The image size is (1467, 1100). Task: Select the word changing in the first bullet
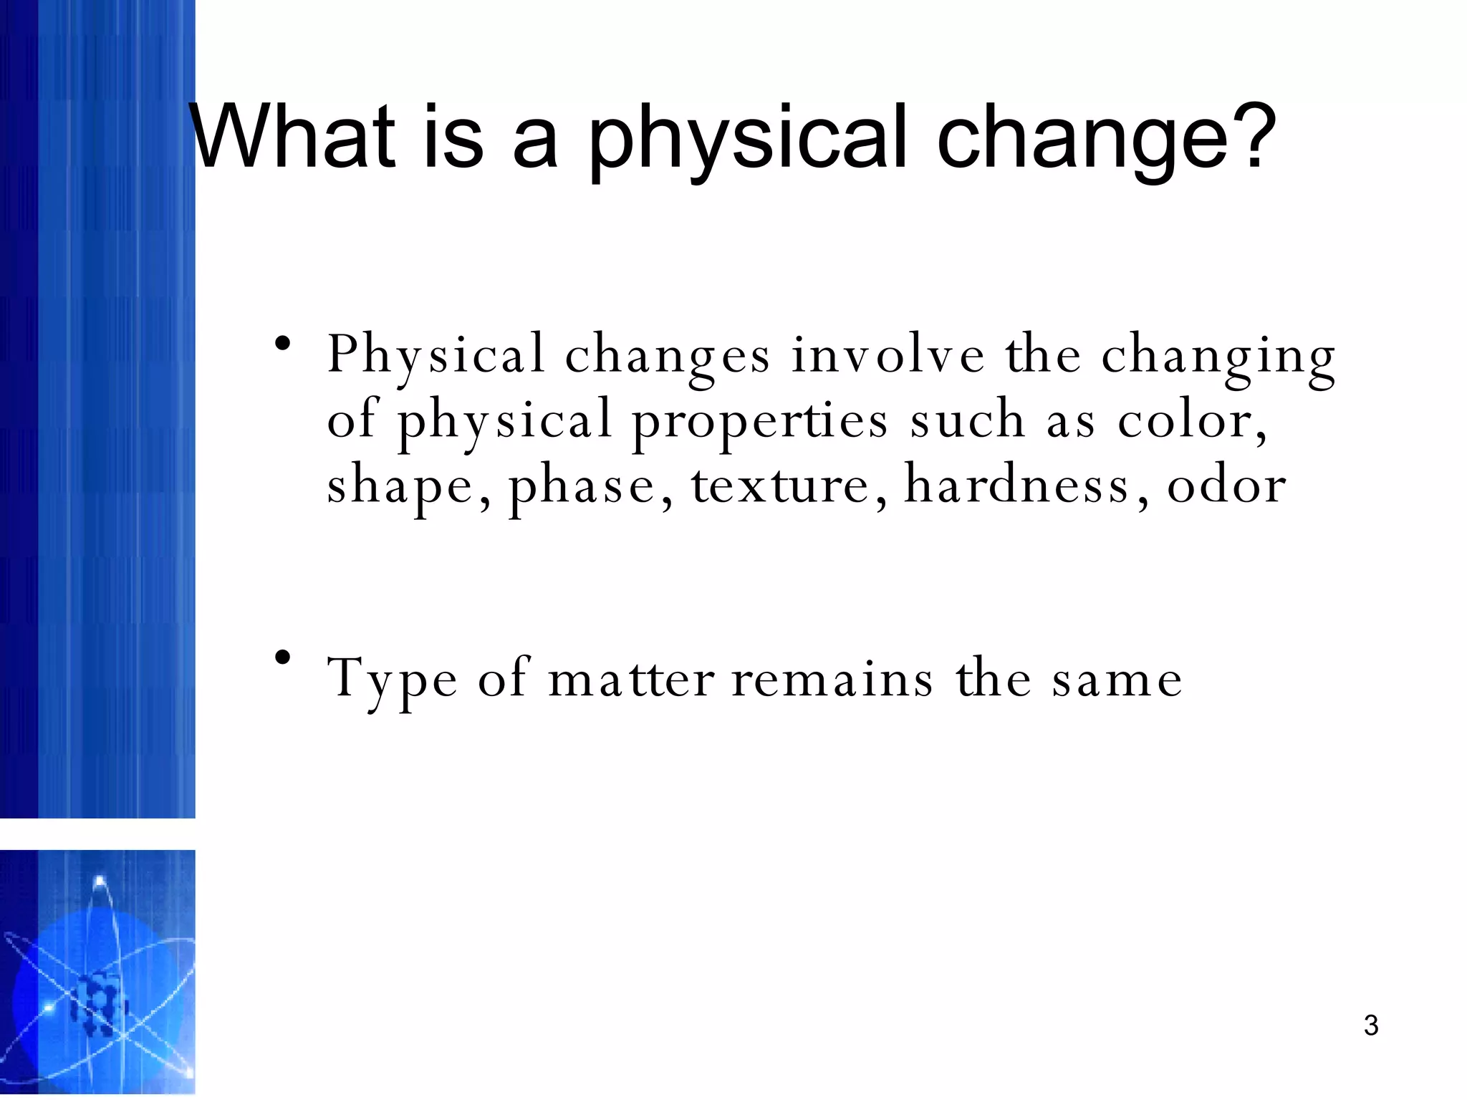click(x=1218, y=358)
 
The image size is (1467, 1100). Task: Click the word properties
click(x=759, y=423)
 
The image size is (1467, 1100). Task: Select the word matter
click(x=630, y=679)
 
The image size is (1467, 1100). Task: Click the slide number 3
click(x=1371, y=1026)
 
